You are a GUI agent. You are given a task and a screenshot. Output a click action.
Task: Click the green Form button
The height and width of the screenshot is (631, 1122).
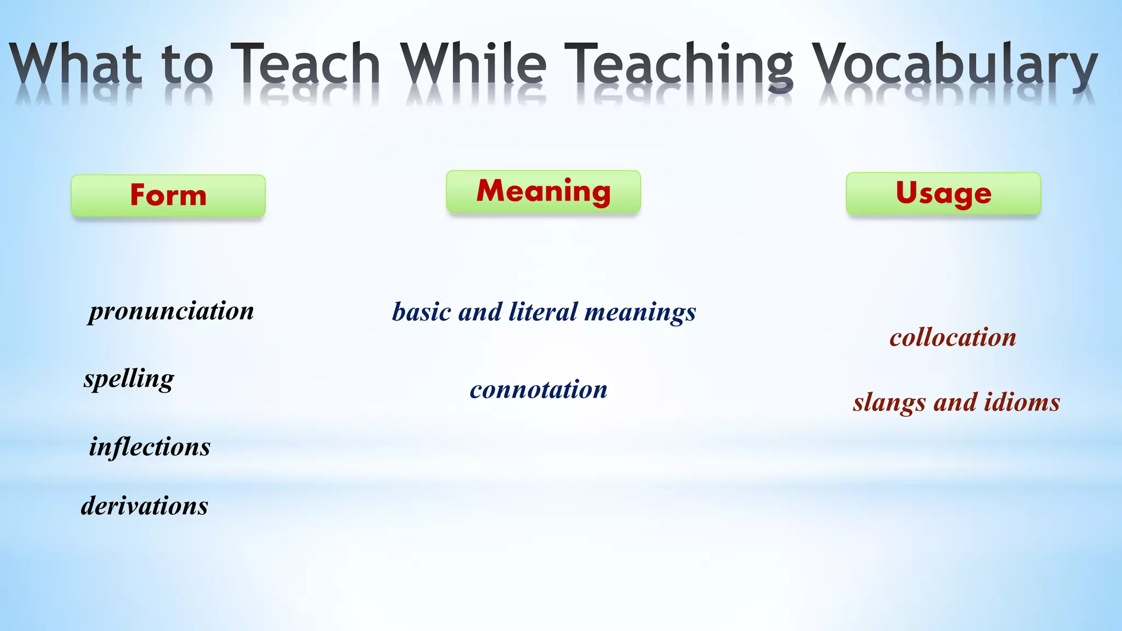click(168, 196)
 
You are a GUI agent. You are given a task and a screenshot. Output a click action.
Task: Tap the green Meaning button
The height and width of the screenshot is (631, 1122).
click(543, 192)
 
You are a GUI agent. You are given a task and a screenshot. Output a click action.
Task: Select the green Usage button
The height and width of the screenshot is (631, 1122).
click(943, 193)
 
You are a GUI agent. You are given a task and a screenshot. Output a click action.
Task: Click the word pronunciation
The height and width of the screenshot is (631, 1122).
click(171, 311)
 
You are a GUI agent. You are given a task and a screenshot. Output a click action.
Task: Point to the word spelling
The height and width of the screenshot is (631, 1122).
click(129, 378)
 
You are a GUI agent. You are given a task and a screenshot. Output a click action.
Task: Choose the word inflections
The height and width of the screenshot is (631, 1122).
click(150, 446)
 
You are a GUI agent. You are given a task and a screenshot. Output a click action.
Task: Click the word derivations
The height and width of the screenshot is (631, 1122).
click(145, 505)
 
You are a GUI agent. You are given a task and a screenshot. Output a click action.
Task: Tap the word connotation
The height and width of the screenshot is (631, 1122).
click(539, 389)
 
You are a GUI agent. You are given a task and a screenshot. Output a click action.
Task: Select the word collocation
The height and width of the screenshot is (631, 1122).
click(953, 337)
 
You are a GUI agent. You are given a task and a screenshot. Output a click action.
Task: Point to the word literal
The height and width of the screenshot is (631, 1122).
click(543, 312)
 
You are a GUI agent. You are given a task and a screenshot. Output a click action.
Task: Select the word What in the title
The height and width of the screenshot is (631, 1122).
click(75, 65)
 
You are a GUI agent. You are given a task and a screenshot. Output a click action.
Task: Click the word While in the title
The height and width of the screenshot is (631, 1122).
click(473, 65)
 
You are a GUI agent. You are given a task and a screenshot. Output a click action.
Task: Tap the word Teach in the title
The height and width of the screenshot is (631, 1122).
click(305, 65)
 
